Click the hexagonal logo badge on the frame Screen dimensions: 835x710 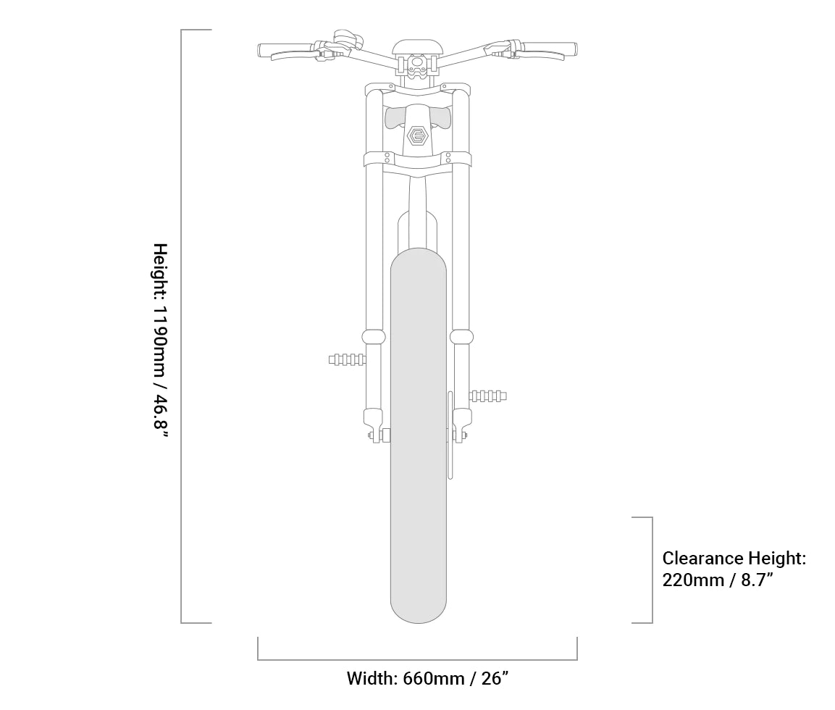418,135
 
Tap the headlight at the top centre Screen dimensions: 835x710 418,47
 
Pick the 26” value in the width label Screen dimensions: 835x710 495,678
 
